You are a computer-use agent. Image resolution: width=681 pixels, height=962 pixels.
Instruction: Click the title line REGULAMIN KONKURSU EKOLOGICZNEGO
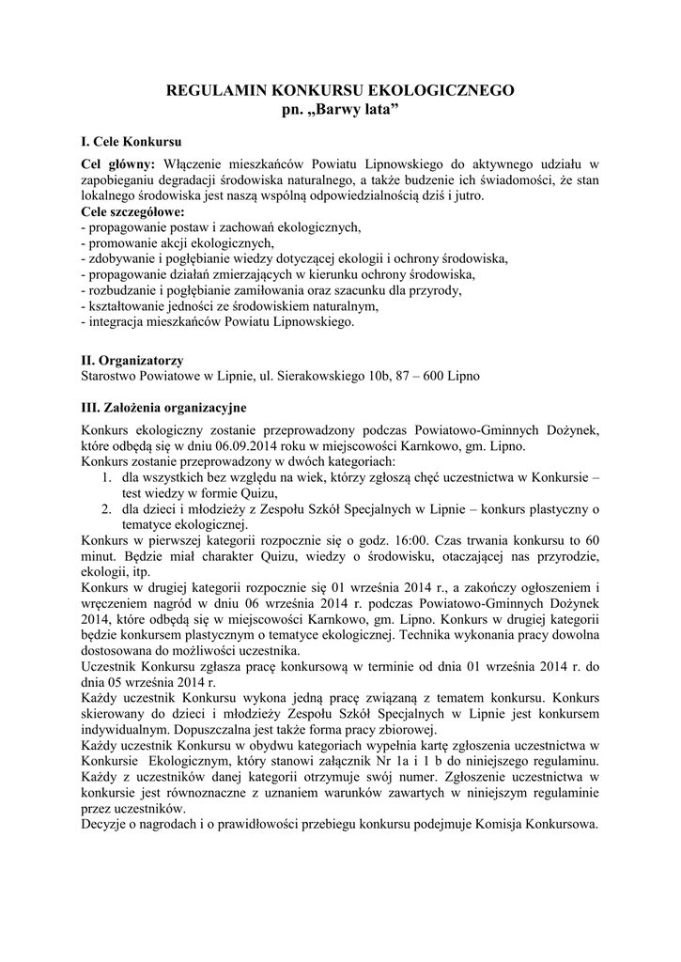tap(340, 91)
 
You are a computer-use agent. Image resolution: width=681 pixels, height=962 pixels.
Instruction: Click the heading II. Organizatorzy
tap(132, 360)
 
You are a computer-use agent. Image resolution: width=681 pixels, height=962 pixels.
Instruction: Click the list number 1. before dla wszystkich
tap(106, 478)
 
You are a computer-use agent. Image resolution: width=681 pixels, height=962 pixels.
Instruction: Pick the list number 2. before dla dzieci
tap(106, 509)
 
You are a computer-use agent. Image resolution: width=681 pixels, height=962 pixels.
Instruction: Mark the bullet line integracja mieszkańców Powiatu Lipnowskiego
tap(220, 321)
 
